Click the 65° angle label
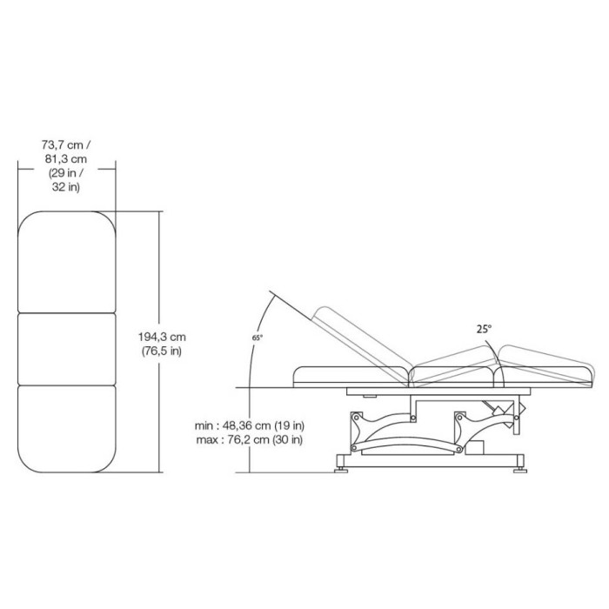click(x=258, y=338)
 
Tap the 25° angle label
click(x=484, y=330)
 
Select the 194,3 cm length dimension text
click(x=162, y=337)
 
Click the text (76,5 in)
click(x=162, y=351)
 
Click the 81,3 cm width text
click(x=66, y=159)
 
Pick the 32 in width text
click(x=66, y=187)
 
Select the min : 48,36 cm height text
click(x=232, y=425)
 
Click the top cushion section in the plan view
click(x=67, y=262)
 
